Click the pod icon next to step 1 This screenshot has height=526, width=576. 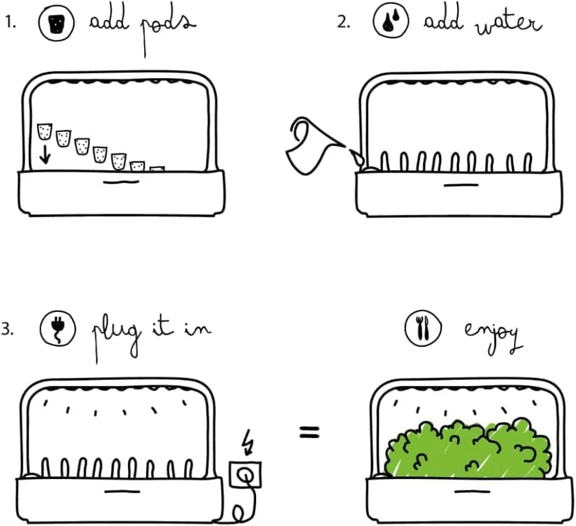56,22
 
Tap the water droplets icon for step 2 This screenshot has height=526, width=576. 391,22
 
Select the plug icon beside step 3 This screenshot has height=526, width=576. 58,328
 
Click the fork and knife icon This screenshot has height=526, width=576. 423,327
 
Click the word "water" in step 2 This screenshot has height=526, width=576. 509,25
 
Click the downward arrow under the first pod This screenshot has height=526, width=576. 45,154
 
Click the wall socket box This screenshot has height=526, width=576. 246,475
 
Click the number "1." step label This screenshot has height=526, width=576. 11,23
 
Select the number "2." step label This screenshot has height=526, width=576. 344,23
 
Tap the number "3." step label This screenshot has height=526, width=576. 7,329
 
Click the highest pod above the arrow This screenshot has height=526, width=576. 45,132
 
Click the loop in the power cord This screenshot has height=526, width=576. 239,513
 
